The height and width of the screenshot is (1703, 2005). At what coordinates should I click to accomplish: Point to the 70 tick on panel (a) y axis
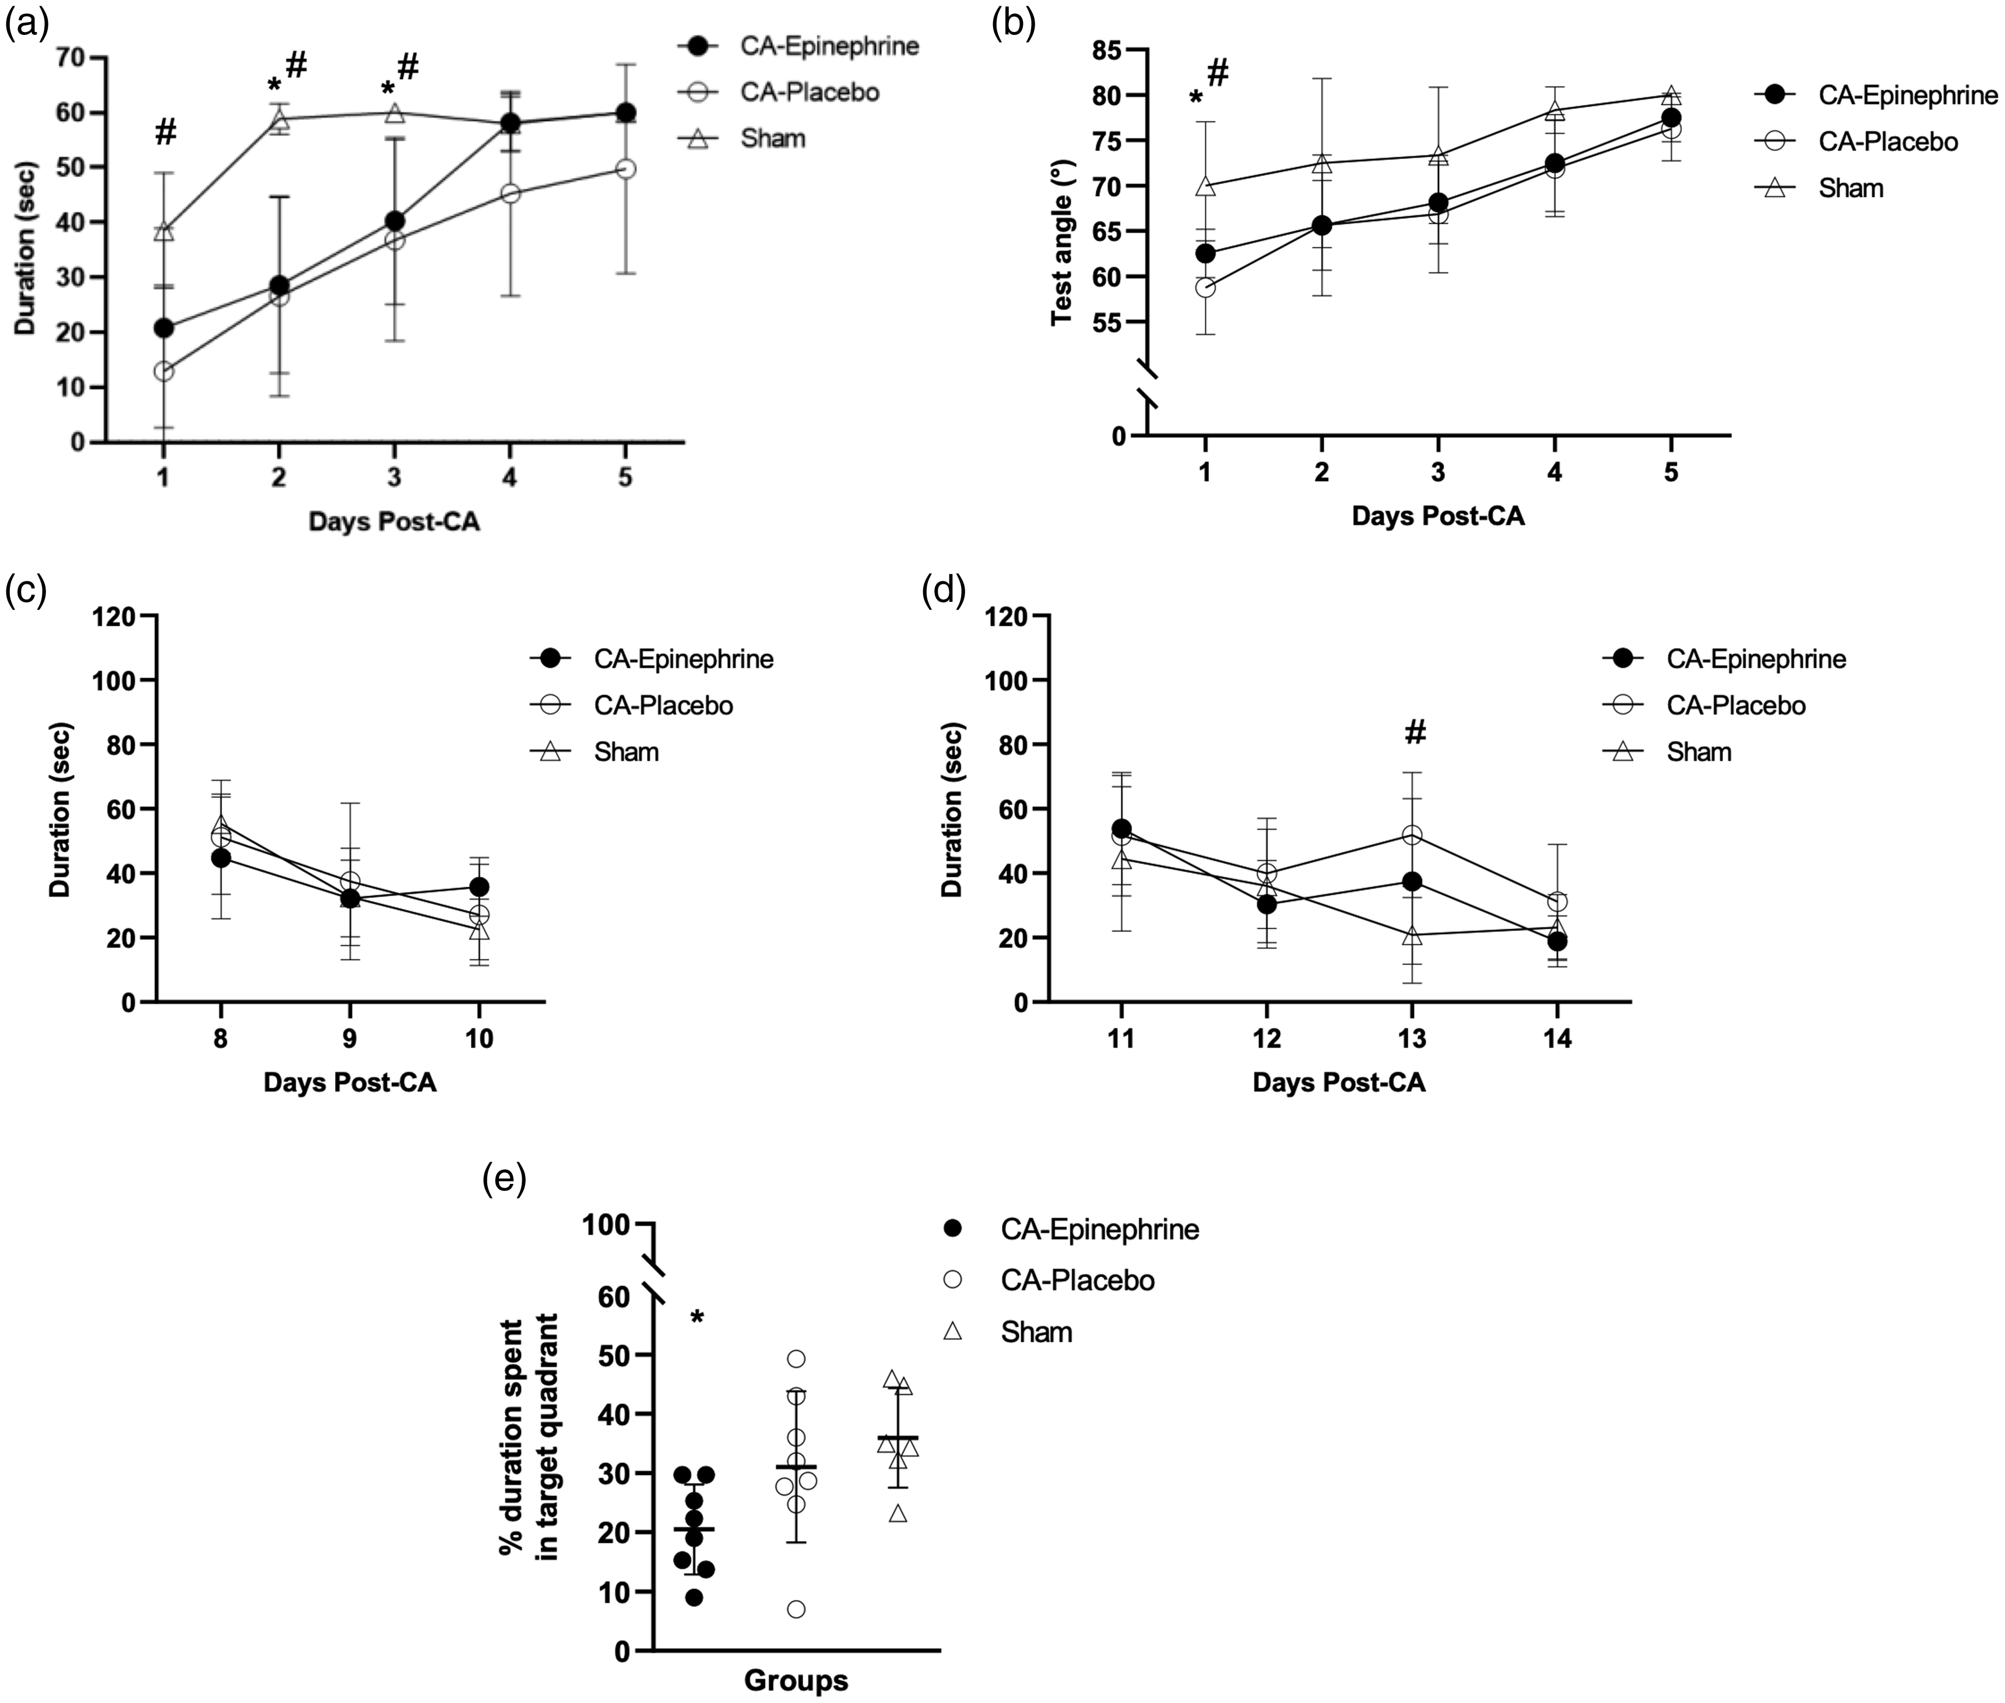pos(69,58)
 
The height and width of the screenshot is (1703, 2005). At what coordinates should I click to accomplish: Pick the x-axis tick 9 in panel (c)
pos(350,1039)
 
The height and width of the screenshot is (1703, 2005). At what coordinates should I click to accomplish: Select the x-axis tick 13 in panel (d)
pos(1412,1039)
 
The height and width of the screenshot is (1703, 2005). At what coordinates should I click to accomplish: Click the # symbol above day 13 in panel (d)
pos(1415,733)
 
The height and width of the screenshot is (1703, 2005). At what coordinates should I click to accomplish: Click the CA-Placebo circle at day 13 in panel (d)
pos(1412,835)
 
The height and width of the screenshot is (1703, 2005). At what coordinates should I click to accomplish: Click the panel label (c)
pos(26,590)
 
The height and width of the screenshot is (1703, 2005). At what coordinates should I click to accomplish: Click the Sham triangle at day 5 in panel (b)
pos(1671,96)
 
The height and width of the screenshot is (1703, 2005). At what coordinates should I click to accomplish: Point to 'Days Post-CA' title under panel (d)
pos(1339,1083)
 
